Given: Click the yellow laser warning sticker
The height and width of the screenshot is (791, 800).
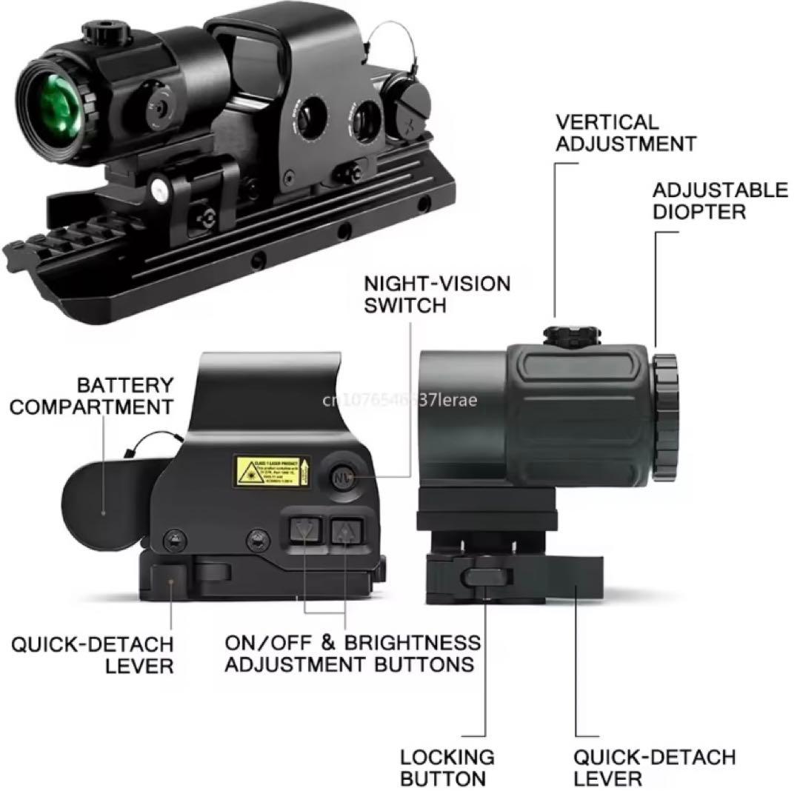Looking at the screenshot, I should coord(271,472).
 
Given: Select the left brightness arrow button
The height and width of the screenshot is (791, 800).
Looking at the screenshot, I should coord(302,531).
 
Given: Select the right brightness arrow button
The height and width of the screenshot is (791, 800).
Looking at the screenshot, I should coord(344,531).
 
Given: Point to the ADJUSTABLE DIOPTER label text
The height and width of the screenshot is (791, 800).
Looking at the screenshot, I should coord(709,201).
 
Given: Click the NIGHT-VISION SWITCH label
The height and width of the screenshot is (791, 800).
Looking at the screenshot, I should coord(437,294).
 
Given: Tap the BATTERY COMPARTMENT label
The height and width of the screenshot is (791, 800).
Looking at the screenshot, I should coord(93,395).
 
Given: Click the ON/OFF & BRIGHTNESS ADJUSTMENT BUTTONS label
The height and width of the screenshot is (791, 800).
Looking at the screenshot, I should coord(352,653).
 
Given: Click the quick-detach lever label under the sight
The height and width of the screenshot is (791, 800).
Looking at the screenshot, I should coord(92,653).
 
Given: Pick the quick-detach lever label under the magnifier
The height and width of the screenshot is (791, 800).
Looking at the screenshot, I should coord(654,767).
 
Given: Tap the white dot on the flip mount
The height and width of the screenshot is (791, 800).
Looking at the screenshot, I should coord(158,192).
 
